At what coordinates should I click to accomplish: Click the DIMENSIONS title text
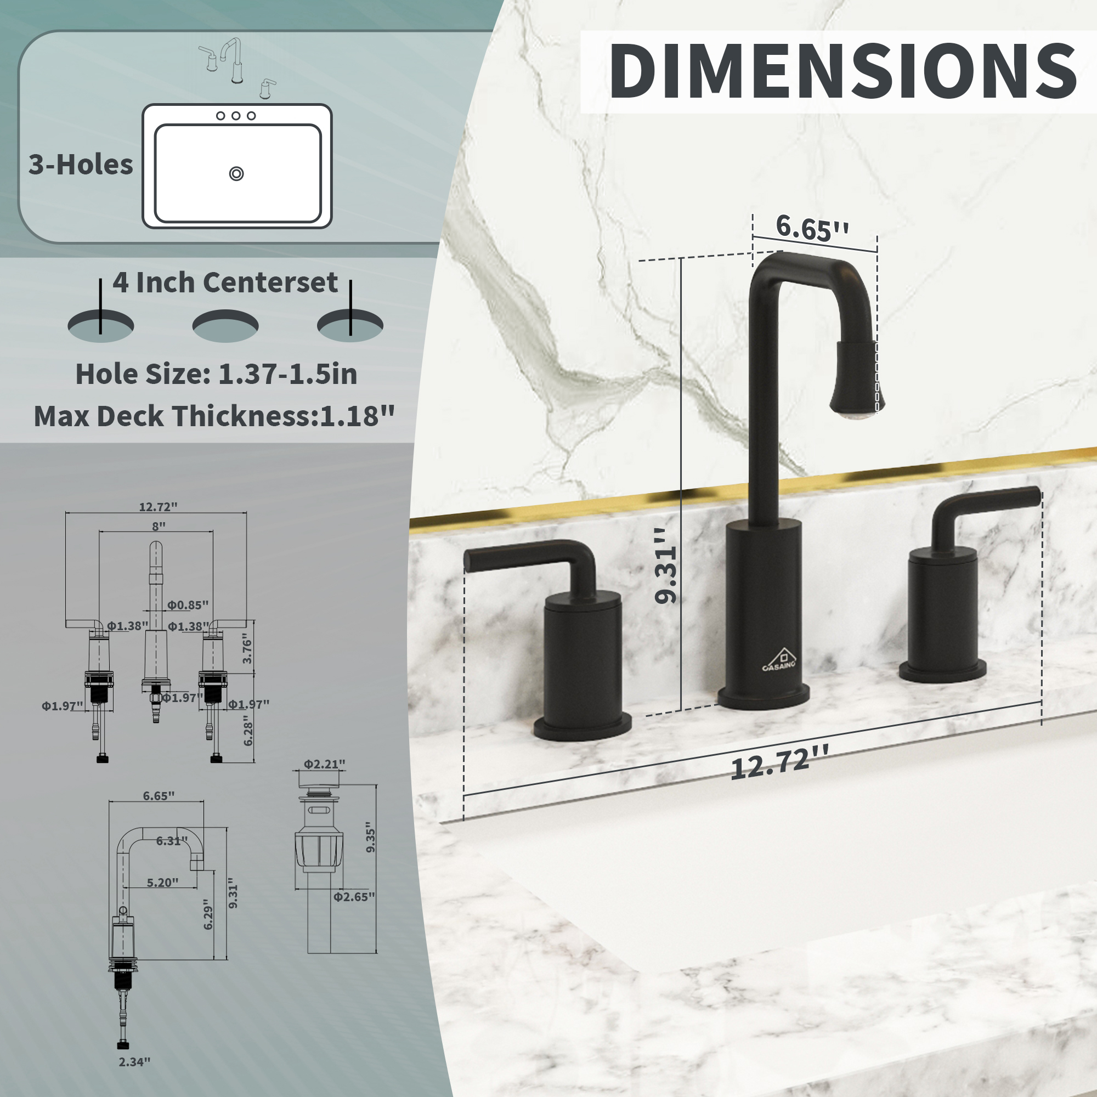842,71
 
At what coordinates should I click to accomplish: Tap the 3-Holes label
81,165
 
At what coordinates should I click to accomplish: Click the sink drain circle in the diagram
236,174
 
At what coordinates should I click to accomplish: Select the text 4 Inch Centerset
225,282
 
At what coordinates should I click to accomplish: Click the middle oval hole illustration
225,326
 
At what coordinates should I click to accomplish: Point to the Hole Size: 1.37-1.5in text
216,374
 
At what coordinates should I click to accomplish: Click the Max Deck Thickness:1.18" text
214,416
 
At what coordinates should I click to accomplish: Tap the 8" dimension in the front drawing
159,527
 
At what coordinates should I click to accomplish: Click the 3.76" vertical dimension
247,649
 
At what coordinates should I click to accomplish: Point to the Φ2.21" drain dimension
324,764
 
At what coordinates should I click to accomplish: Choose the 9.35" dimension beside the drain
371,837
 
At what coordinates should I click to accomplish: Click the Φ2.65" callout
354,897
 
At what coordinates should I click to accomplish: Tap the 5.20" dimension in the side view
162,883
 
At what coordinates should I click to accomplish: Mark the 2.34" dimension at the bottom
134,1062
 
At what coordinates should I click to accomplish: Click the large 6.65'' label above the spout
812,228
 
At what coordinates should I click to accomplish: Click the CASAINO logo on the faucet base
779,660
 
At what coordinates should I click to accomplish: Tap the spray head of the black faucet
856,381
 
